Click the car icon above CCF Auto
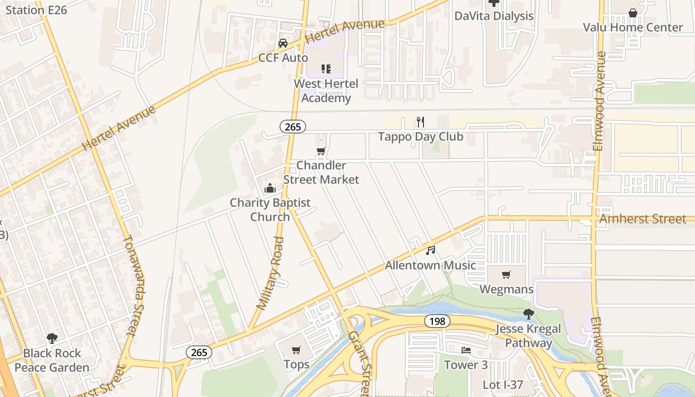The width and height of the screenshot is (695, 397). click(x=283, y=43)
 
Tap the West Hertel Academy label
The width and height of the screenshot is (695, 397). click(x=326, y=91)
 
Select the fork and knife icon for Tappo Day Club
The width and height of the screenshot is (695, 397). click(x=420, y=122)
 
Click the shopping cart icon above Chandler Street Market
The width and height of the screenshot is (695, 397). click(x=321, y=151)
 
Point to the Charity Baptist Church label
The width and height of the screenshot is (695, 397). click(x=270, y=209)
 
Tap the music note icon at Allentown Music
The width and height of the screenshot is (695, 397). click(x=430, y=251)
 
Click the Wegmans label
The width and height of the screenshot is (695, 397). click(x=506, y=289)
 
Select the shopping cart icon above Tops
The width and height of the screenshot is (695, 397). click(x=296, y=350)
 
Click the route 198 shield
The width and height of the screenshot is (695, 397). click(x=437, y=321)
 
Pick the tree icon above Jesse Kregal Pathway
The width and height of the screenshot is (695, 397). click(x=529, y=314)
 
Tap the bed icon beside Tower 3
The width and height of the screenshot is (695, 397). click(x=466, y=350)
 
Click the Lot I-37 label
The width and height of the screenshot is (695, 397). click(x=503, y=385)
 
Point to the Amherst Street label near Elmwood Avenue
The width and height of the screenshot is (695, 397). click(x=643, y=219)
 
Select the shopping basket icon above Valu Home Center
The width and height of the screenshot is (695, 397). click(x=633, y=13)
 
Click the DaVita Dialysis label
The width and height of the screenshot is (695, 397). click(x=494, y=16)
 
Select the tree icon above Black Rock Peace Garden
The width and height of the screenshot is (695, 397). click(x=52, y=338)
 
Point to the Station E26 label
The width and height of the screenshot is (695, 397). click(x=36, y=9)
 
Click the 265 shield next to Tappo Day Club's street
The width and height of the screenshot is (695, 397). click(x=293, y=127)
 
